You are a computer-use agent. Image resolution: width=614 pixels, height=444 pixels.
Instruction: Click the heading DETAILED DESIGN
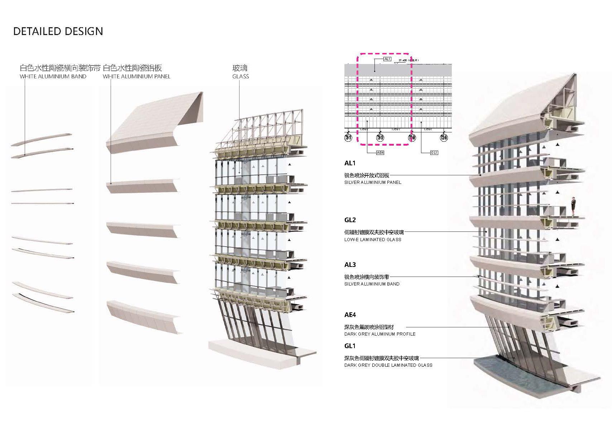click(x=58, y=31)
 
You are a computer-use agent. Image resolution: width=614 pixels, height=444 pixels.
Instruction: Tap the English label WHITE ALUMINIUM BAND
click(x=53, y=77)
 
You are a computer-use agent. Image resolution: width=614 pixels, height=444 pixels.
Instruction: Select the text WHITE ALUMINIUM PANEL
click(x=136, y=77)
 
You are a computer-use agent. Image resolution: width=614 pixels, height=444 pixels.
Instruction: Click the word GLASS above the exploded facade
click(x=241, y=77)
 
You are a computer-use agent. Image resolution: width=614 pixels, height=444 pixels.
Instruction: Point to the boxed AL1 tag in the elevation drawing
click(x=387, y=59)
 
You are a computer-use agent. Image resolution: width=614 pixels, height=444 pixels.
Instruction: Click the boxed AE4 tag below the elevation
click(x=380, y=153)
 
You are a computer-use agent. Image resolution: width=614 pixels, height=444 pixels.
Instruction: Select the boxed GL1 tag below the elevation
click(x=434, y=153)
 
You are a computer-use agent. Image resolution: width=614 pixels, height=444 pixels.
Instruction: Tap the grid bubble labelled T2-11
click(x=348, y=138)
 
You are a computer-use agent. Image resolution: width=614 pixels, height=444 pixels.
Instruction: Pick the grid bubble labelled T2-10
click(x=380, y=138)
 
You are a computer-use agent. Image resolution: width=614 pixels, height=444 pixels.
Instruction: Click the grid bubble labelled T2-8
click(x=412, y=138)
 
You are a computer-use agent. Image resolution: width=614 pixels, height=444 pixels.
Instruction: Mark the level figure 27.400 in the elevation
click(x=403, y=60)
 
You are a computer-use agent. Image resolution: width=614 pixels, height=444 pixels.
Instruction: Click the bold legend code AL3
click(x=350, y=265)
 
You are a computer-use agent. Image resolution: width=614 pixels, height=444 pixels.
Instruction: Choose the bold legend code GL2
click(x=350, y=220)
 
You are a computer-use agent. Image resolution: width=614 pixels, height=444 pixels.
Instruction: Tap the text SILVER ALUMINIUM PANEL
click(x=373, y=182)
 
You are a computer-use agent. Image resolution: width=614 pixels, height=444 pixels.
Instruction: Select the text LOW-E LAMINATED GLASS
click(x=373, y=240)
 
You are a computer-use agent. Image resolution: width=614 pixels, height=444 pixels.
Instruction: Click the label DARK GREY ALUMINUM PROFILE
click(x=380, y=334)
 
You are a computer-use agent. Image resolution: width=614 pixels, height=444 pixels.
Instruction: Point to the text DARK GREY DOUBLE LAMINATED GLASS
click(x=388, y=365)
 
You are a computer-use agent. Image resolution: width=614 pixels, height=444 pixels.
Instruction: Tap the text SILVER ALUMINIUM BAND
click(x=372, y=284)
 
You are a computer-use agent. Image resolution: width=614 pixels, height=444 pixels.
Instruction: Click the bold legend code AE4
click(x=350, y=315)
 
